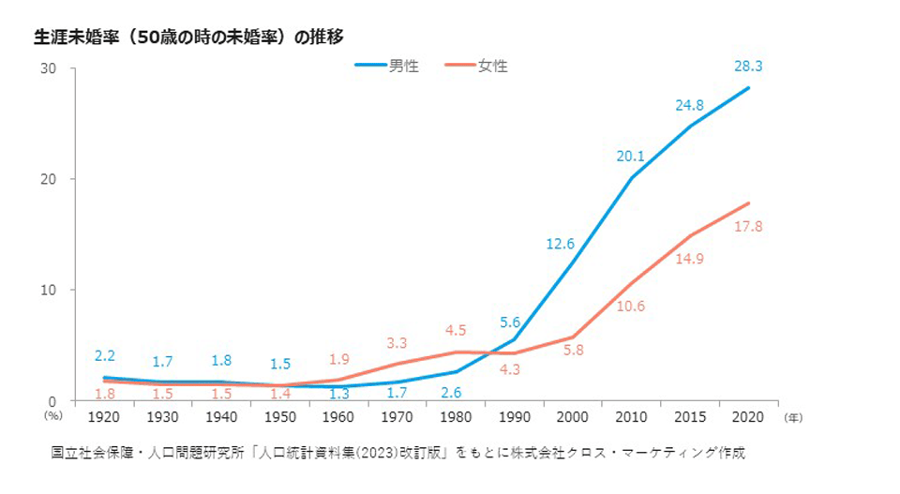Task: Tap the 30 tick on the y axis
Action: pyautogui.click(x=49, y=69)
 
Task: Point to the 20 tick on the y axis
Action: pyautogui.click(x=49, y=179)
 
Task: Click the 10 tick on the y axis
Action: pyautogui.click(x=49, y=290)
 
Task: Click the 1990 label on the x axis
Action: pyautogui.click(x=516, y=414)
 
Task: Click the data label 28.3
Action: pyautogui.click(x=747, y=66)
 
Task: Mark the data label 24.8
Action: pyautogui.click(x=690, y=106)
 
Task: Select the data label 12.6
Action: pyautogui.click(x=561, y=246)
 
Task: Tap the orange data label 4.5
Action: pyautogui.click(x=456, y=329)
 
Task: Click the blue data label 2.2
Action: pyautogui.click(x=104, y=356)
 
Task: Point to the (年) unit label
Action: pyautogui.click(x=791, y=414)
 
